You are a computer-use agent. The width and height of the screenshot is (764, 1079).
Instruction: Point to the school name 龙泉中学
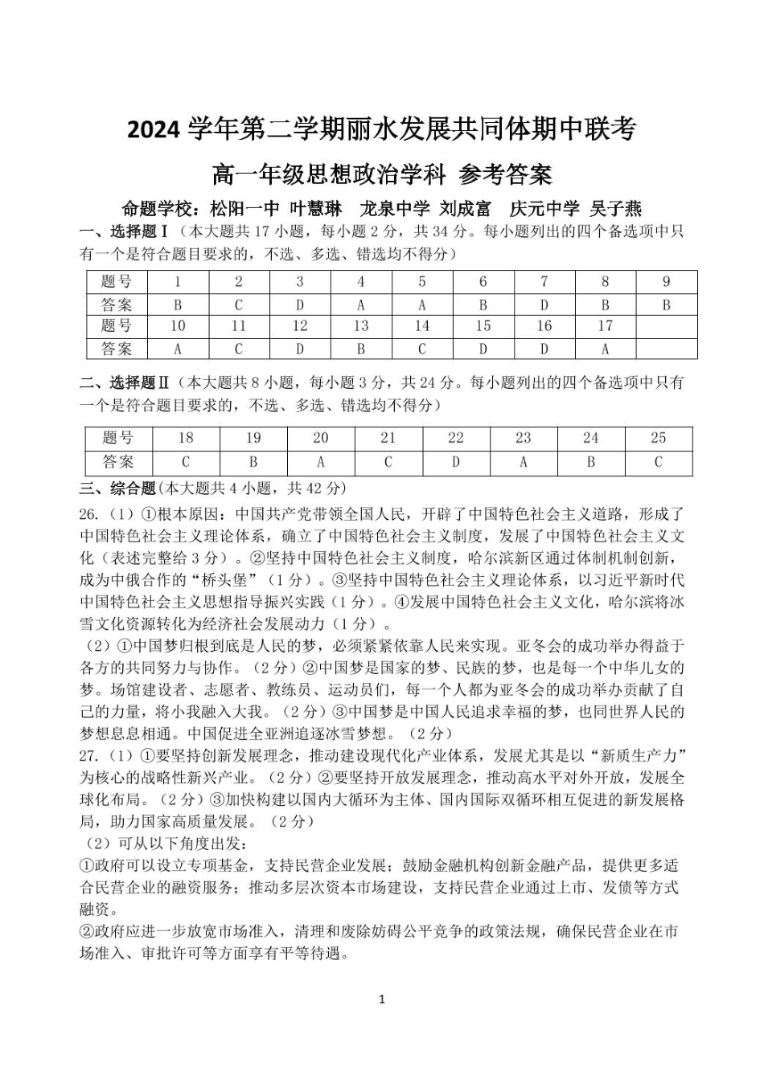coord(395,209)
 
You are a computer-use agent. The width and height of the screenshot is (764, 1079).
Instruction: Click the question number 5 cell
coord(422,282)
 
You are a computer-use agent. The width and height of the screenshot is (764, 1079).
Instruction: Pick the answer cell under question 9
coord(666,304)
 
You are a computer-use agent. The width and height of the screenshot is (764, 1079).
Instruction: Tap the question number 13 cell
coord(361,326)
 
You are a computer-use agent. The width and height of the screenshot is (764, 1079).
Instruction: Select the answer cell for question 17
coord(605,349)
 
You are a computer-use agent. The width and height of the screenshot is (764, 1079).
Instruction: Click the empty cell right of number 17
coord(666,326)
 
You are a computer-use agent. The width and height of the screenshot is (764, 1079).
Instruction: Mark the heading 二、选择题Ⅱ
coord(124,382)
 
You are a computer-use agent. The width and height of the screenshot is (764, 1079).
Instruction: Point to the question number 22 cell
coord(456,438)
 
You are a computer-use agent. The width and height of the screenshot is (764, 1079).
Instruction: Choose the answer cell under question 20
coord(321,462)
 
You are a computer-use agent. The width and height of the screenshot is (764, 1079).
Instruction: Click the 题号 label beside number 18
coord(118,438)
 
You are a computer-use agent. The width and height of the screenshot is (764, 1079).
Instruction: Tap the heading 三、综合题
coord(117,488)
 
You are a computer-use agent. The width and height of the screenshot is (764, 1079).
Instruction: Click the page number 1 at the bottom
coord(382,999)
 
